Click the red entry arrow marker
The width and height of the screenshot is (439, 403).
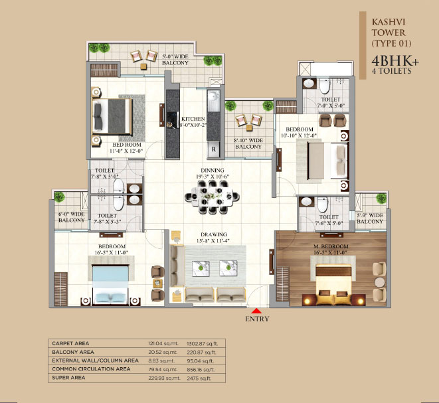point(256,311)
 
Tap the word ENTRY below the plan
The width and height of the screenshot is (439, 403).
point(257,319)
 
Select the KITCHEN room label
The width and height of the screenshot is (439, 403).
point(193,119)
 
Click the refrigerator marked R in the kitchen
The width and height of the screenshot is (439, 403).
point(214,149)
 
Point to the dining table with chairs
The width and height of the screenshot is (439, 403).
point(213,197)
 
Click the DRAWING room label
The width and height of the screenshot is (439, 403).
point(214,234)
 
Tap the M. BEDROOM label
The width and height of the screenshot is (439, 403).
point(331,246)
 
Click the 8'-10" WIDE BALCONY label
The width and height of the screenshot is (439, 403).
point(248,143)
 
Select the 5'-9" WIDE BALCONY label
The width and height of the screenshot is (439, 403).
point(370,218)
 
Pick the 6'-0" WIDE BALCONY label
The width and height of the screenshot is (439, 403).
point(71,217)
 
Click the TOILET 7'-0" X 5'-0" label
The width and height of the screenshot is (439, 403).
point(331,102)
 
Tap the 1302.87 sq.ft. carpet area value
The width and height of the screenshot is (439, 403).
point(202,344)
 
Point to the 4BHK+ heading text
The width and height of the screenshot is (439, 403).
point(395,61)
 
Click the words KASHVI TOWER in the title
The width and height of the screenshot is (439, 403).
point(389,27)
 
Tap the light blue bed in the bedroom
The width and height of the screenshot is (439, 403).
point(111,285)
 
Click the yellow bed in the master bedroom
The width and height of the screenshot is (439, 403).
point(333,285)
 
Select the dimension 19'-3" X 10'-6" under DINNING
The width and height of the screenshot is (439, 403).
point(213,177)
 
